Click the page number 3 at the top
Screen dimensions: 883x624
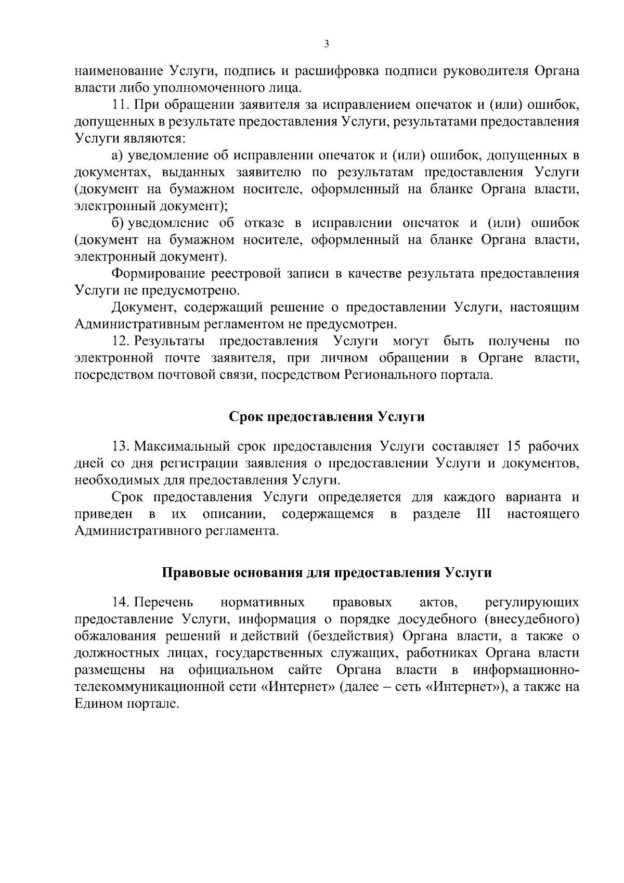(x=327, y=45)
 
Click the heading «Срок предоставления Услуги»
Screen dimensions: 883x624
(x=327, y=417)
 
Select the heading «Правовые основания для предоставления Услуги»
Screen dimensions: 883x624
(x=327, y=573)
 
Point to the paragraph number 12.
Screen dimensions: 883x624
(x=121, y=341)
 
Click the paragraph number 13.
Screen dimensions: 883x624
(x=121, y=446)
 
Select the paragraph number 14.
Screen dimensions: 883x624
(x=121, y=603)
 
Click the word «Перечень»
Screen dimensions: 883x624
(x=164, y=603)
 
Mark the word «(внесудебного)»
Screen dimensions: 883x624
(x=536, y=619)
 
